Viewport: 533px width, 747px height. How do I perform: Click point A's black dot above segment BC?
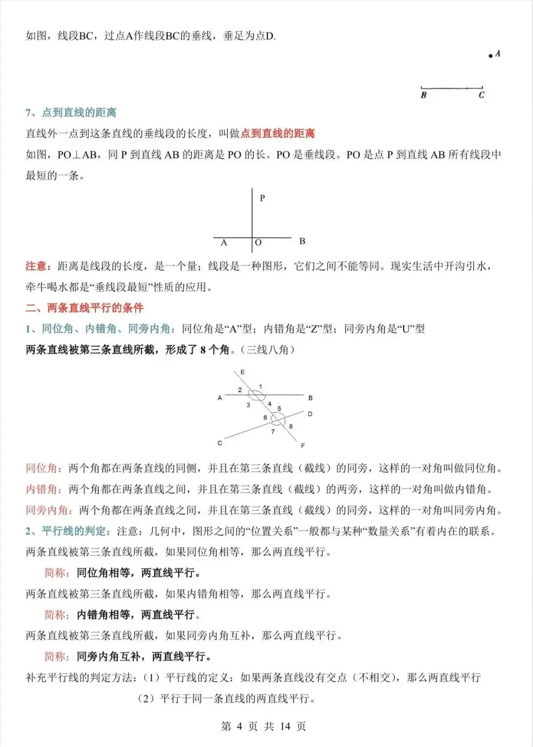[x=490, y=56]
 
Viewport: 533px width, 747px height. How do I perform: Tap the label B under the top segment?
[x=423, y=95]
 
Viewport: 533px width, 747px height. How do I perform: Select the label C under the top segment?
[x=482, y=95]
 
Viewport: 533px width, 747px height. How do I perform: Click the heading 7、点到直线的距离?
[x=71, y=112]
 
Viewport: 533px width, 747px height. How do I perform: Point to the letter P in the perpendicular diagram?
[x=262, y=198]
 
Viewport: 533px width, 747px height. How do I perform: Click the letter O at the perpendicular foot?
[x=258, y=243]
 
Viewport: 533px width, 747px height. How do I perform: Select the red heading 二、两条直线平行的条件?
[x=84, y=308]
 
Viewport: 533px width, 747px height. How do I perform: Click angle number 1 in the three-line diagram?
[x=261, y=386]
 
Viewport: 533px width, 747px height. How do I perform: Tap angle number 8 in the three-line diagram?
[x=291, y=426]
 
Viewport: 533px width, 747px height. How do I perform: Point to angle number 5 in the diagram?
[x=279, y=409]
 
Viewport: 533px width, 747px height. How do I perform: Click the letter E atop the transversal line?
[x=242, y=372]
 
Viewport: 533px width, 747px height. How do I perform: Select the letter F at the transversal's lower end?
[x=303, y=446]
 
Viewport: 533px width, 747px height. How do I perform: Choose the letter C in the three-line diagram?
[x=220, y=443]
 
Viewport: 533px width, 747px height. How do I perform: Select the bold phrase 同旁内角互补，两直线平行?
[x=144, y=656]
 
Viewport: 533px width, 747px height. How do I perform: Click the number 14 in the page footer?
[x=285, y=726]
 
